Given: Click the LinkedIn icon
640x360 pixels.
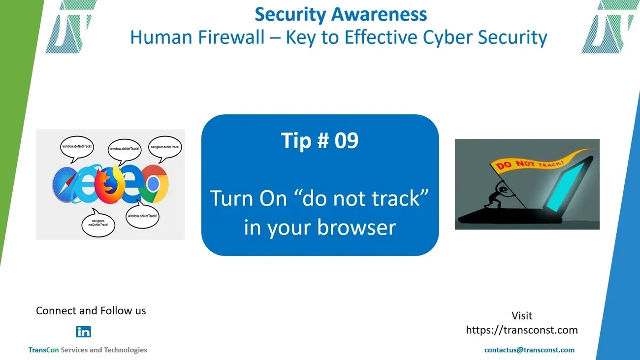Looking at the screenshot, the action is (83, 332).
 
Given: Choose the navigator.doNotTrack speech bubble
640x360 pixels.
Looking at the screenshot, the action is (165, 147).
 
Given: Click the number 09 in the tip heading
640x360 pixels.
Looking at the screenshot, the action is (346, 140).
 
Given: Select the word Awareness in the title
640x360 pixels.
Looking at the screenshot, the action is (379, 14).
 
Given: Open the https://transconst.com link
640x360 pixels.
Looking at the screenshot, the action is (522, 330).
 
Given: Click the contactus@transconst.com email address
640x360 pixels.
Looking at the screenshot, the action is (529, 350).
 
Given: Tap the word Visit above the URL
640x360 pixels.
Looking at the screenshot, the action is (522, 316).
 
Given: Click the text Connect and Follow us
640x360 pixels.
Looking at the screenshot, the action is (91, 311).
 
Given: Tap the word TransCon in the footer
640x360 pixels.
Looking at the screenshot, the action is (43, 350).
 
